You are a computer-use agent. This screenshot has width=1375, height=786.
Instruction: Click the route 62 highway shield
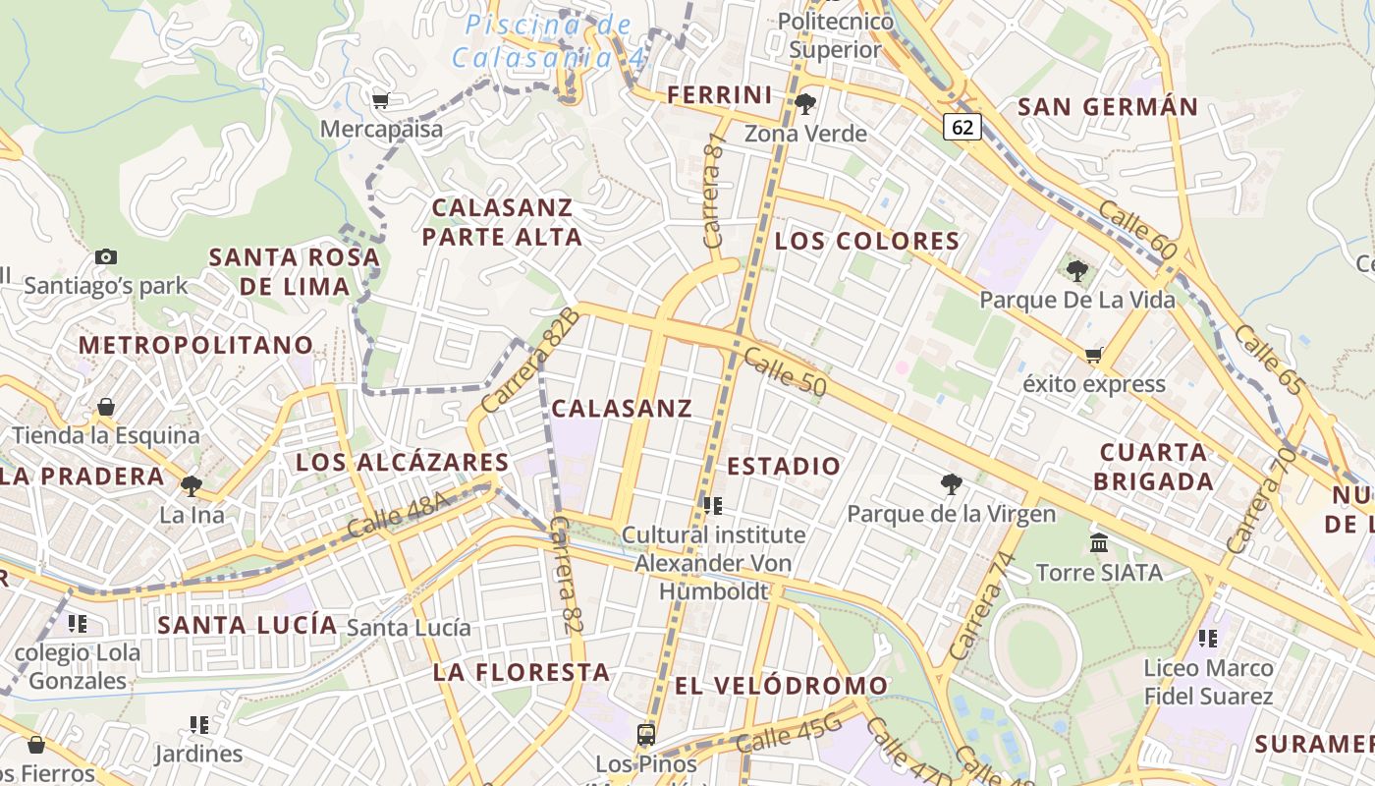pyautogui.click(x=963, y=127)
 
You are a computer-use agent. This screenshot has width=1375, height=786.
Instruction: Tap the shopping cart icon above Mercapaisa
pyautogui.click(x=381, y=99)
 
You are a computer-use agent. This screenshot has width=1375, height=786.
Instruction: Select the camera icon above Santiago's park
pyautogui.click(x=106, y=257)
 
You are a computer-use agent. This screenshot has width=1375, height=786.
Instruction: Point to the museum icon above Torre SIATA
pyautogui.click(x=1099, y=542)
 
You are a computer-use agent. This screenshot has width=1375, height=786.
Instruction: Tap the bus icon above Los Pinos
pyautogui.click(x=646, y=734)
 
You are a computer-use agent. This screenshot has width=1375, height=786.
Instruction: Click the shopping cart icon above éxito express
pyautogui.click(x=1094, y=355)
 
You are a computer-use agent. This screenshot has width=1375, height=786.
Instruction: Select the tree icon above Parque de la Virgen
pyautogui.click(x=951, y=483)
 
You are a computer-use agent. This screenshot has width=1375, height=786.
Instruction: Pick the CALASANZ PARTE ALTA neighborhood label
pyautogui.click(x=502, y=222)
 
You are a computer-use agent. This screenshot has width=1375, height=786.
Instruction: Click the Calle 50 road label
pyautogui.click(x=785, y=372)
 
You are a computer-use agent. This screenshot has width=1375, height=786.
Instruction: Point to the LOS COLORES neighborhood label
pyautogui.click(x=867, y=241)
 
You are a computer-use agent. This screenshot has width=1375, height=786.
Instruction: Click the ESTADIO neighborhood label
pyautogui.click(x=784, y=466)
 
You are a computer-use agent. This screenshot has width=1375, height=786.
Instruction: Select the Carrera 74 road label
pyautogui.click(x=980, y=605)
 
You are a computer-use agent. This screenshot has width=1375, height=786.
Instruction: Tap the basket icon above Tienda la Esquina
pyautogui.click(x=106, y=407)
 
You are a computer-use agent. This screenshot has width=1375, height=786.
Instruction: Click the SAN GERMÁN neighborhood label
pyautogui.click(x=1108, y=106)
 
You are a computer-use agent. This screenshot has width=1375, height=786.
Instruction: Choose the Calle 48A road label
pyautogui.click(x=398, y=517)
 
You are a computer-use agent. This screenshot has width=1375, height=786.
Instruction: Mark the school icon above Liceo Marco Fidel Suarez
pyautogui.click(x=1208, y=639)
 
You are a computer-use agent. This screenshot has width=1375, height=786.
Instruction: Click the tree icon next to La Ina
pyautogui.click(x=192, y=485)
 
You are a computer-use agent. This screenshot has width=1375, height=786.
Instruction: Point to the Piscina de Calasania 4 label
pyautogui.click(x=550, y=40)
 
